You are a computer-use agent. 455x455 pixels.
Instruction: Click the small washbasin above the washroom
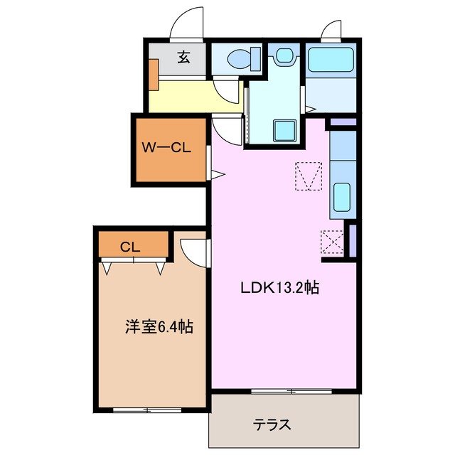point(284,55)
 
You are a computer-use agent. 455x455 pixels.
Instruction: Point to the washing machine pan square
point(286,130)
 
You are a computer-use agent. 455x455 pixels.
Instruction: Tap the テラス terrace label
point(272,425)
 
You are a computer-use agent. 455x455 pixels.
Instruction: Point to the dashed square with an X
point(332,242)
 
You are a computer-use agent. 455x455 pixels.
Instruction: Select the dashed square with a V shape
point(309,176)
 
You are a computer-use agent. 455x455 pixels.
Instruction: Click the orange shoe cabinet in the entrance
point(154,73)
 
